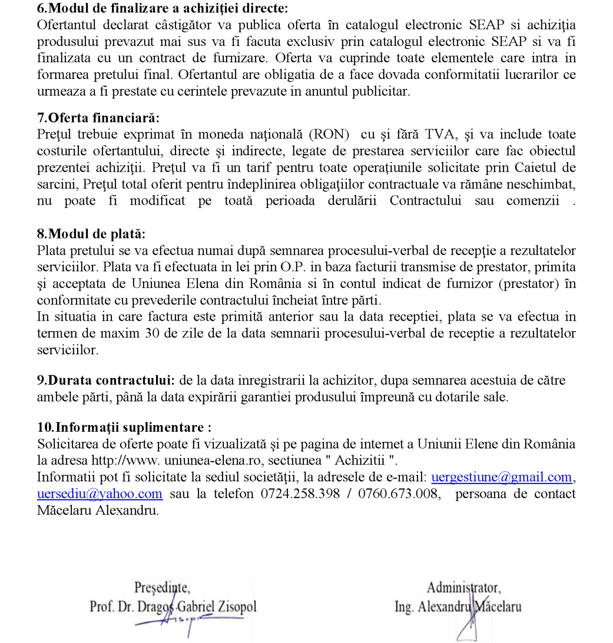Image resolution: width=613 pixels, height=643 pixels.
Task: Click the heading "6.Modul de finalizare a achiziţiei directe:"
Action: point(163,8)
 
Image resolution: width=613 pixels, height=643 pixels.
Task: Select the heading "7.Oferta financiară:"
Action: point(98,118)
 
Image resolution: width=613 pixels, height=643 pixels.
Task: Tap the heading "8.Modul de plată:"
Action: point(91,234)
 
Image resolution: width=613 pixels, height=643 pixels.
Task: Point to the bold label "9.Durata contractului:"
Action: point(106,380)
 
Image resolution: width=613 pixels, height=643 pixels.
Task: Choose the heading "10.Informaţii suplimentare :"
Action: point(124,427)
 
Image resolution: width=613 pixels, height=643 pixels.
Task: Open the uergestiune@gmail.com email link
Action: point(501,477)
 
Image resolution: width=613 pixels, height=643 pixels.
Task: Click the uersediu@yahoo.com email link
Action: point(100,494)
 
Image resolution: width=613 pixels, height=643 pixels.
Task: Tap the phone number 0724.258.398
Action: point(300,494)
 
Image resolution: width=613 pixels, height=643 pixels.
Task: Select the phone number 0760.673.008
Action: point(398,494)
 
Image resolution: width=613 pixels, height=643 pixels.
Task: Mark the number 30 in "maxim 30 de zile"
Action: point(152,333)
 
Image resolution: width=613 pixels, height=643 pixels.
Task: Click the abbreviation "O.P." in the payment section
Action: point(292,267)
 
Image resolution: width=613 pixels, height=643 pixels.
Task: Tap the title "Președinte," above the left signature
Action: point(162,588)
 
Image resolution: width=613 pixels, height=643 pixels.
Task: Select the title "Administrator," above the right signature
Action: point(463,588)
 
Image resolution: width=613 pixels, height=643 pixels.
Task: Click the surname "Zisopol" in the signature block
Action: point(237,607)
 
